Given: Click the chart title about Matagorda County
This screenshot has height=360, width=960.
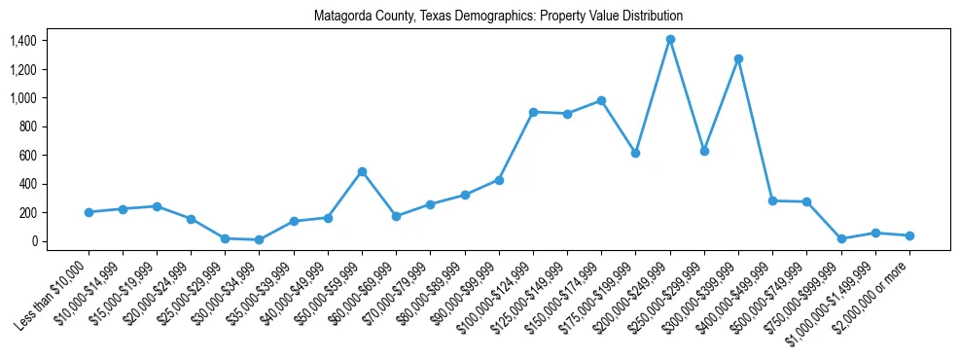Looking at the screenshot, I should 498,17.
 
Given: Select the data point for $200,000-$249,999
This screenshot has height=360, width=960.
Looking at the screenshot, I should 670,40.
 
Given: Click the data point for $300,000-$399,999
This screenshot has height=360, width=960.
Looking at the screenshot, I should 738,58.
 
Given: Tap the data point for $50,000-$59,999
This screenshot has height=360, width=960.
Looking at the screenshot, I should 362,171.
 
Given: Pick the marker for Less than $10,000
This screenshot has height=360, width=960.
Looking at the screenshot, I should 89,212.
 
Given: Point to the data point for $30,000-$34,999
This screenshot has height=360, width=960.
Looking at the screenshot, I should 259,239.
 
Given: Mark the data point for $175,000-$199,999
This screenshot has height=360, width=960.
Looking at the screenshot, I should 635,153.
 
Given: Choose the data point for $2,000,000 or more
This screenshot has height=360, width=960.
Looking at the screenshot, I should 909,235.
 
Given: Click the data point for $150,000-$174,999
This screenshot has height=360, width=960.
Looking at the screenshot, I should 601,100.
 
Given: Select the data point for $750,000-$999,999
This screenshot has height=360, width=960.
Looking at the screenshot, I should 841,238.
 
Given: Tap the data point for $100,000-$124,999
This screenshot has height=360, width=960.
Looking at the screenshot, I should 533,112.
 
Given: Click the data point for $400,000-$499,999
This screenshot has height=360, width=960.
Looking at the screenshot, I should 772,200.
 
